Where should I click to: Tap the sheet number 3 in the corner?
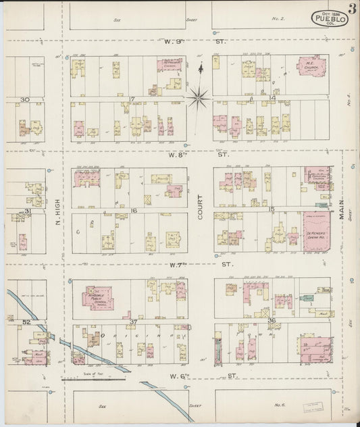pos(353,9)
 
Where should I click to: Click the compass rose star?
pos(199,98)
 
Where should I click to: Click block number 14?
pos(272,99)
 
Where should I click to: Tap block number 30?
pos(25,100)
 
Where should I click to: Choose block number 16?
pos(134,211)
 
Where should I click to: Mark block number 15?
pos(272,210)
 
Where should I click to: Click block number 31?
pos(28,211)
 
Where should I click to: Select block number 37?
pos(133,322)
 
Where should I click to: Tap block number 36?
pos(272,320)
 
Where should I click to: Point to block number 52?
pos(27,322)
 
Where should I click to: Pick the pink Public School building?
pos(99,297)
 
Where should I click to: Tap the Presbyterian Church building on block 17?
pos(170,66)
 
